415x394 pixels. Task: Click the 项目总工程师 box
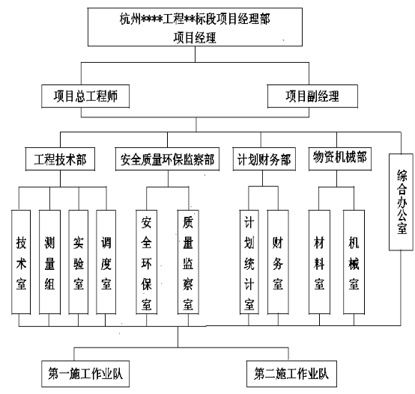(85, 96)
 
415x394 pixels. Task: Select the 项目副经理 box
(312, 96)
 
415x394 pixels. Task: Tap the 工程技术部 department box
(60, 159)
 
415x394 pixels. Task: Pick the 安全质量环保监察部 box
(167, 159)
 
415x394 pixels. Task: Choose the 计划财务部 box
(264, 159)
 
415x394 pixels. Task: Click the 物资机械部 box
(340, 158)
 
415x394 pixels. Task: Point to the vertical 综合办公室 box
(401, 202)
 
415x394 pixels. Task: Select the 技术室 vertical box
(21, 262)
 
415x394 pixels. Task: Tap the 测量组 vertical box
(49, 262)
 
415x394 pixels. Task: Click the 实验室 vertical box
(79, 262)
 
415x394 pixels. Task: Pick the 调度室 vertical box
(106, 262)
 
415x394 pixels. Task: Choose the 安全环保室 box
(146, 262)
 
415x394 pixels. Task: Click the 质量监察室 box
(188, 262)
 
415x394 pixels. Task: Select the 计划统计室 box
(249, 262)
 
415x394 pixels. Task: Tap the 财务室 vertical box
(278, 262)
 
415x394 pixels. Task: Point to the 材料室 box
(319, 262)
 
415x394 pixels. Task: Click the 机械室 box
(354, 262)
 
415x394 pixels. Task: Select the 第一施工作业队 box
(85, 374)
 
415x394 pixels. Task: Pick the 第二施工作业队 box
(291, 374)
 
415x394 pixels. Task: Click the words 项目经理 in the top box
(195, 37)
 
